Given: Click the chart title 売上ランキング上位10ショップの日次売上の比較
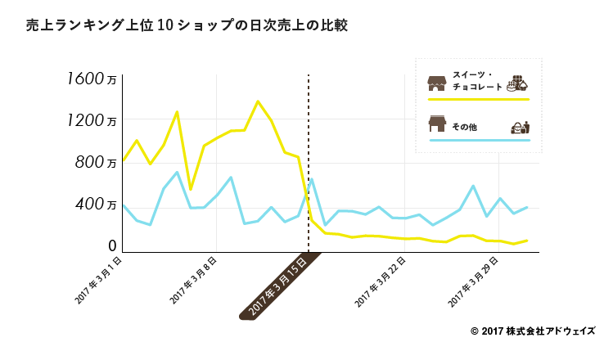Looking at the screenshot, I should coord(187,26).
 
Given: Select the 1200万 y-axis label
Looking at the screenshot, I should coord(94,121).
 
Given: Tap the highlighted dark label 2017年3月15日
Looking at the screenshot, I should coord(278,286).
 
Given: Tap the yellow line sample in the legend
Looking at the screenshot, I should coord(479,99).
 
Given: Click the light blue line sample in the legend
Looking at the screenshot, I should coord(479,141).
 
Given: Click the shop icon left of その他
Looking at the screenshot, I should coord(437,124).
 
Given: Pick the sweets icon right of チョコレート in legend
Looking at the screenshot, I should coord(517,82).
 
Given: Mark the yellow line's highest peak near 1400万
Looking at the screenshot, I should coord(258,101).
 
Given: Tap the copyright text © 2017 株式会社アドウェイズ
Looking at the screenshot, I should coord(533,331).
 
